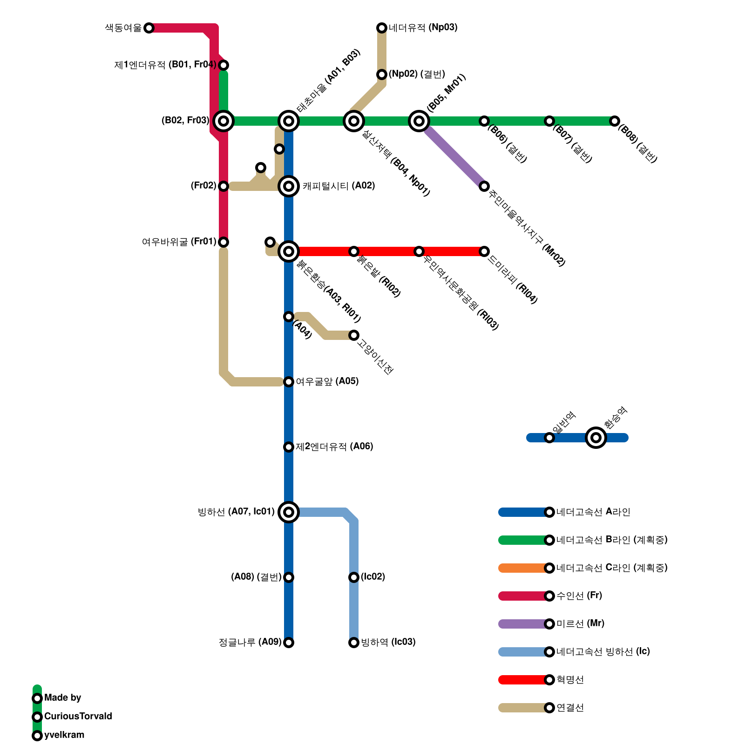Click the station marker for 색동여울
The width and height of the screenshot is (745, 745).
click(x=149, y=28)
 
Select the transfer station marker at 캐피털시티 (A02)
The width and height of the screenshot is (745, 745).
click(x=289, y=186)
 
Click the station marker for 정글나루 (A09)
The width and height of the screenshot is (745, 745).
click(x=289, y=643)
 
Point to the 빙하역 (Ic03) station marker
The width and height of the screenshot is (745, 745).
click(x=354, y=643)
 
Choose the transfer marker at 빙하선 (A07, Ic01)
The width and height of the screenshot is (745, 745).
click(x=289, y=512)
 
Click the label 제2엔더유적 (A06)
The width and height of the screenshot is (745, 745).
click(x=334, y=447)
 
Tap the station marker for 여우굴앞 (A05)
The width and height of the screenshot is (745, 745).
click(x=289, y=382)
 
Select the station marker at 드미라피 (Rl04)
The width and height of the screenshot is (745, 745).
click(x=484, y=251)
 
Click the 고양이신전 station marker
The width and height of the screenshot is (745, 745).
click(x=354, y=335)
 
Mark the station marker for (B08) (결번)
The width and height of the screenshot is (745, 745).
click(x=615, y=121)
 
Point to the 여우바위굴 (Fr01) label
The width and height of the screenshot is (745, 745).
click(x=179, y=242)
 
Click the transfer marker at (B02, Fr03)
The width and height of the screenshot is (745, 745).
click(x=223, y=121)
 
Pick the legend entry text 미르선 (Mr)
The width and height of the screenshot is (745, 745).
click(x=580, y=623)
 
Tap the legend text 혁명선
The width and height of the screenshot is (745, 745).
click(x=570, y=680)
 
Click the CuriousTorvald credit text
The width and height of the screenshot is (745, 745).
click(x=78, y=716)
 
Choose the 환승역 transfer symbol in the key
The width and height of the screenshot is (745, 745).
click(x=596, y=438)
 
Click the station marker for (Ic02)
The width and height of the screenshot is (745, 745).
click(x=354, y=577)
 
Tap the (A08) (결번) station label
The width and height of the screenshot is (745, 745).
click(x=256, y=577)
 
